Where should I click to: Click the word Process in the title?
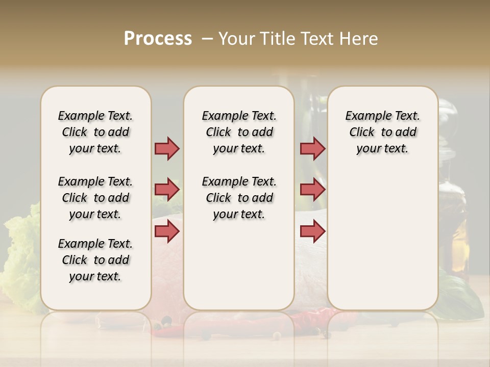(158, 39)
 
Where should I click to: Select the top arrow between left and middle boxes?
(167, 148)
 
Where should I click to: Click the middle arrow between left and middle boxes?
(167, 190)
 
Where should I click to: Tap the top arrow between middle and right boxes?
(312, 148)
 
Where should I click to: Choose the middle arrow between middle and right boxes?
(312, 190)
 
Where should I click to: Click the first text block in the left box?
(95, 132)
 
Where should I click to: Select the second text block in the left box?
(95, 198)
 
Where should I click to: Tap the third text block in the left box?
(95, 260)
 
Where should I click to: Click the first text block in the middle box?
(239, 132)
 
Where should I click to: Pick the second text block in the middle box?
(239, 198)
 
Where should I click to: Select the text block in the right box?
(382, 132)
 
